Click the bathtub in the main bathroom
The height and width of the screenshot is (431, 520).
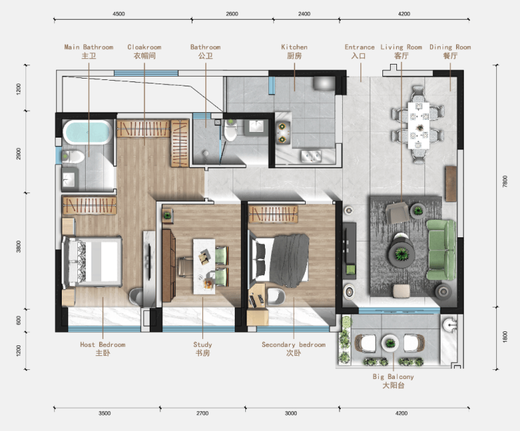pos(88,132)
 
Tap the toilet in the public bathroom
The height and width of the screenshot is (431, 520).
pos(230,130)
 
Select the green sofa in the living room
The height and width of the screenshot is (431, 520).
pos(441,250)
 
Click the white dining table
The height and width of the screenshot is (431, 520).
pos(419,126)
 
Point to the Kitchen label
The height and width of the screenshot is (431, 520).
pos(294,51)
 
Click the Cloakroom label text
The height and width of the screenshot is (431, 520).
pos(144,51)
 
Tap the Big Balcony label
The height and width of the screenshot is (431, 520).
pos(394,381)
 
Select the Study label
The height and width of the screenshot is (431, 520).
pos(202,349)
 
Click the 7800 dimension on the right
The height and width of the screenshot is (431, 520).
pos(505,182)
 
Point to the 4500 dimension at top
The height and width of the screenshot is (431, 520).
pos(119,14)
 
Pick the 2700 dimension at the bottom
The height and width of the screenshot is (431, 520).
pos(202,413)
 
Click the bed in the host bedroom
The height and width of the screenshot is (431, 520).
pos(92,262)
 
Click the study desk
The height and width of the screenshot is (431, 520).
pos(204,266)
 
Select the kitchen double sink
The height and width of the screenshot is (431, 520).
pos(311,156)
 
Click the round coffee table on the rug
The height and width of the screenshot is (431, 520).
pos(402,253)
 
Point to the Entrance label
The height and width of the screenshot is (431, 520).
pos(360,51)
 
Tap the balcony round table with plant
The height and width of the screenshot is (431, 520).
pos(390,343)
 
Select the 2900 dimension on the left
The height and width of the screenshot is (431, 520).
pos(18,154)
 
